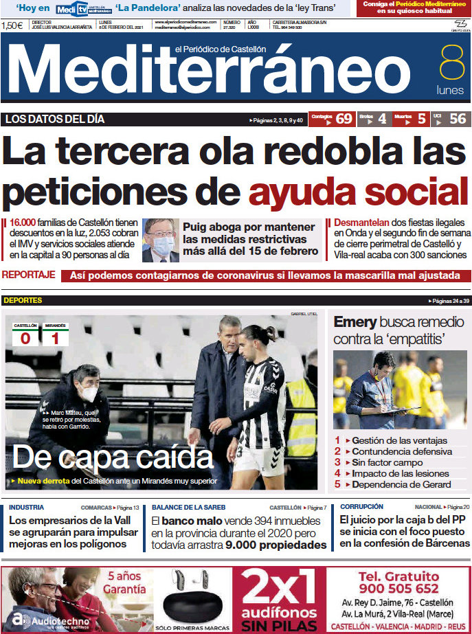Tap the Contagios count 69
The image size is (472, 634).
[344, 119]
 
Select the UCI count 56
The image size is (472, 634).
[458, 119]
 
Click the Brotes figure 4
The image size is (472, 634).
[382, 119]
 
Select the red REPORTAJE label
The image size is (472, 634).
[28, 275]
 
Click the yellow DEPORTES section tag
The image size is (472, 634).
[23, 300]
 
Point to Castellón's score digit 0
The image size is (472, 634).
[25, 338]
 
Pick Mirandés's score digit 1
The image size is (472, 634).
[55, 338]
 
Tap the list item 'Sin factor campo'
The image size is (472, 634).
[389, 462]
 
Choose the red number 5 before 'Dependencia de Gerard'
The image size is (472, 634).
[337, 484]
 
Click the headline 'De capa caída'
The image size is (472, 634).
[113, 457]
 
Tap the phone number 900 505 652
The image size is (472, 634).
[398, 588]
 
